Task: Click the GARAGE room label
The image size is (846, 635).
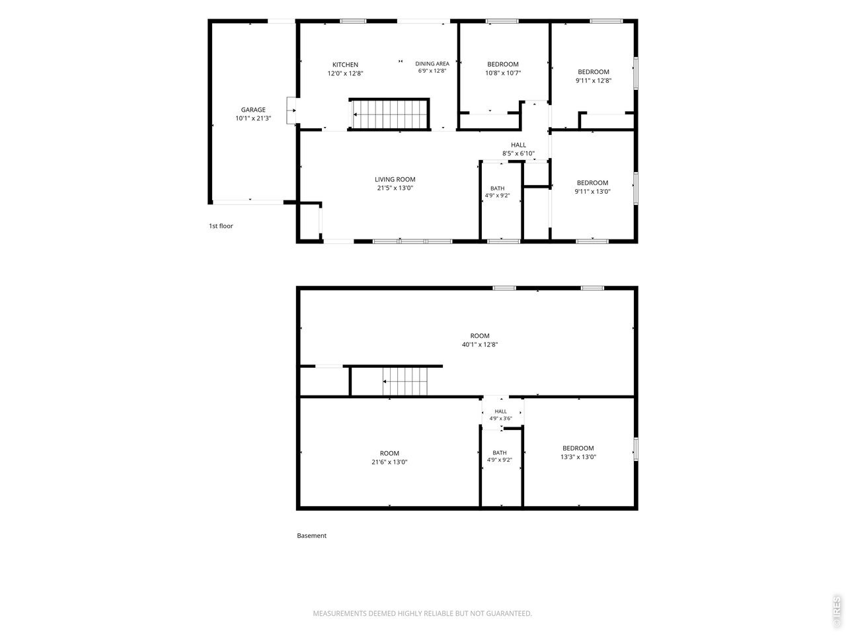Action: [x=253, y=110]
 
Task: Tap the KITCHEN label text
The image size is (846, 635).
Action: [x=345, y=65]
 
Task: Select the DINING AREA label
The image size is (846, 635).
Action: [x=432, y=63]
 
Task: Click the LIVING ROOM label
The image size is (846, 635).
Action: [x=395, y=179]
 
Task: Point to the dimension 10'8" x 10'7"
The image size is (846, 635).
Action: [x=503, y=73]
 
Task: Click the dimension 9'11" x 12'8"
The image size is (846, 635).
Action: [x=594, y=81]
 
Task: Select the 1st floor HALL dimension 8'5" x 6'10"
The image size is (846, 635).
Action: [x=518, y=153]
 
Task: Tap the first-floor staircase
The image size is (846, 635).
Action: [x=389, y=114]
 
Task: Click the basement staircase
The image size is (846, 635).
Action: [x=405, y=381]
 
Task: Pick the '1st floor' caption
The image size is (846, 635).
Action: [x=221, y=226]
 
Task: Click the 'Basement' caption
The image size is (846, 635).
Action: [x=311, y=536]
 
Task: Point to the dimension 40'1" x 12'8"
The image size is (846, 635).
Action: [x=480, y=345]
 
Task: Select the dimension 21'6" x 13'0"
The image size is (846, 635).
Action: [x=389, y=462]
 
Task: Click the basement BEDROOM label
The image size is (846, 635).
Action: [x=578, y=448]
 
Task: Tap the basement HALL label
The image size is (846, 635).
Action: [x=501, y=411]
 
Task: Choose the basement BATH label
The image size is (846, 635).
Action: [x=500, y=453]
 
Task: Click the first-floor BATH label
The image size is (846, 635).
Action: [x=497, y=189]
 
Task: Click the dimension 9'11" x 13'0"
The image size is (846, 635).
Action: [x=592, y=192]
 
